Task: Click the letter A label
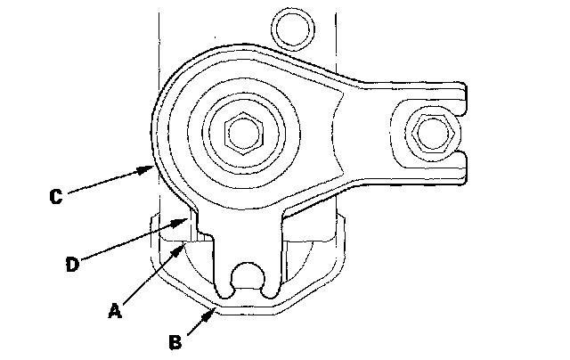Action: coord(114,311)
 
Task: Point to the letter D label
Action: coord(73,265)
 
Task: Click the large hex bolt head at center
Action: coord(240,134)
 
